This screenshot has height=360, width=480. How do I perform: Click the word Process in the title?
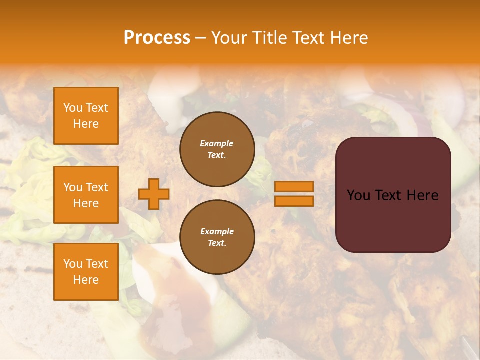click(157, 38)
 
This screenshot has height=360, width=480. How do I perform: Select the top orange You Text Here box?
click(86, 116)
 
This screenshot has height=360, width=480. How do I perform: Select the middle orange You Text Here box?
click(86, 195)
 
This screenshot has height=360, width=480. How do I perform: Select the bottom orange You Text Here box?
click(86, 272)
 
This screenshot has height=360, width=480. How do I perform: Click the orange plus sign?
click(153, 194)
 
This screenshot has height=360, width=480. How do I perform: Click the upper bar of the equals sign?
click(294, 187)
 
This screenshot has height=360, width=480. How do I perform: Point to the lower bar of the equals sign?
click(294, 201)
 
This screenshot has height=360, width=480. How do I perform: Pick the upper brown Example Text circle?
click(217, 149)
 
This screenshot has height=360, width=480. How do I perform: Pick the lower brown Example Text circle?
click(217, 237)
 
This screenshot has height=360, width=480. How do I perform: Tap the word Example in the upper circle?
click(216, 143)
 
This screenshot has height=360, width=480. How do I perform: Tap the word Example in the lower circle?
click(217, 231)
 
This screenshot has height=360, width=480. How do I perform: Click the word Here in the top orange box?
click(86, 124)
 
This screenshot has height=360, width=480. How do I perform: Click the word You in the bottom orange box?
click(73, 264)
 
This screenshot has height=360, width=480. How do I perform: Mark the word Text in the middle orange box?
click(96, 187)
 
